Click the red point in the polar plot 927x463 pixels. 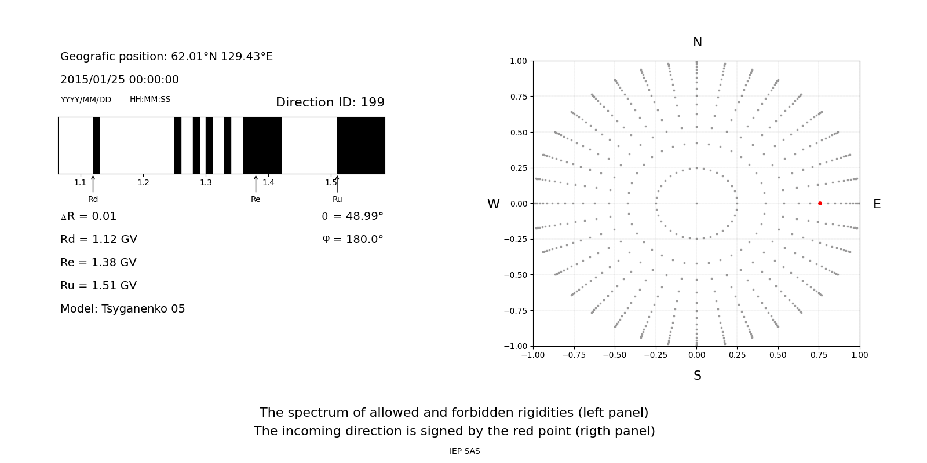click(820, 203)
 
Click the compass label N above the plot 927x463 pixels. click(697, 42)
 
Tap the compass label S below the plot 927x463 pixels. click(697, 376)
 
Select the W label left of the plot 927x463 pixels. click(493, 204)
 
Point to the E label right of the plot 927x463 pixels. click(877, 204)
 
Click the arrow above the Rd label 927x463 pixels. click(93, 183)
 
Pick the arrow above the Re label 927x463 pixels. click(256, 183)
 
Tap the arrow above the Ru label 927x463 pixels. click(337, 183)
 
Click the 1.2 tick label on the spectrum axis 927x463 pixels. click(143, 183)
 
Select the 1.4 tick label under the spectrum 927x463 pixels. click(268, 183)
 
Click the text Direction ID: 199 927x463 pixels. click(330, 102)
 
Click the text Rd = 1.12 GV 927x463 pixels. click(98, 240)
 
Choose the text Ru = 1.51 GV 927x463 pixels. click(98, 286)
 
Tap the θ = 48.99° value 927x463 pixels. click(352, 216)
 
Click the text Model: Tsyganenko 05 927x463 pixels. click(122, 309)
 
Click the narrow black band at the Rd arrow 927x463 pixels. click(96, 145)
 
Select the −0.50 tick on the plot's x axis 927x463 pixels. click(615, 355)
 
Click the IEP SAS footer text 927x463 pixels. click(465, 451)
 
